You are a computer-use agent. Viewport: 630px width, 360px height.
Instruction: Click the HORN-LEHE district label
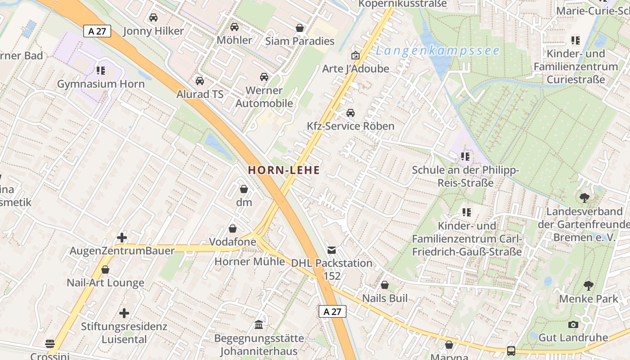tap(284, 170)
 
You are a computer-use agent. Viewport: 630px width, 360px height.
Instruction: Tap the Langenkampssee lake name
tap(437, 50)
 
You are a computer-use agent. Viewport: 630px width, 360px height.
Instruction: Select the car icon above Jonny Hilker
tap(153, 18)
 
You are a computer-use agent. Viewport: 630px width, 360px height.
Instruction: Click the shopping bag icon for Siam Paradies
tap(300, 28)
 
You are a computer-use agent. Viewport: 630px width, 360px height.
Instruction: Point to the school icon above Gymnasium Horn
tap(100, 71)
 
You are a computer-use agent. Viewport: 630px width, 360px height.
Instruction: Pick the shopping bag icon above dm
tap(244, 189)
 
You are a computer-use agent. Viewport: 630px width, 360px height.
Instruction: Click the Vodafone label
tap(233, 242)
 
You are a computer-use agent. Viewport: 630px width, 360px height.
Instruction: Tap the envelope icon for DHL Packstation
tap(332, 250)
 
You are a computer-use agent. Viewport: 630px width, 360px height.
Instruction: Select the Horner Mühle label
tap(250, 261)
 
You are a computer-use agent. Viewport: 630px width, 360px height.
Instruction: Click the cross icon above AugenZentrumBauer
tap(122, 237)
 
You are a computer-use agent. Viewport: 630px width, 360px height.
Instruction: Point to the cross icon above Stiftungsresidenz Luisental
tap(124, 313)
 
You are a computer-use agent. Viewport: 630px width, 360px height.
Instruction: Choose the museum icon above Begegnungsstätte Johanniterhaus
tap(259, 324)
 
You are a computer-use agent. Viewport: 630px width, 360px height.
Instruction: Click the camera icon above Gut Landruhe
tap(573, 324)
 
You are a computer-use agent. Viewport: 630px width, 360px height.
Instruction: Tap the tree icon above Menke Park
tap(588, 285)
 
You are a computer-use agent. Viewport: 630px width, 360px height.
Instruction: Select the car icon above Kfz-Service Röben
tap(351, 112)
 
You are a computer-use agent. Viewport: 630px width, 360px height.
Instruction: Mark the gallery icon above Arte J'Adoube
tap(355, 55)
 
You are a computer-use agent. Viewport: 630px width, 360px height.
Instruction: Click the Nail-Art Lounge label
tap(105, 283)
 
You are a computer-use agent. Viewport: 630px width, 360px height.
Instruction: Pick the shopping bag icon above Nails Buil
tap(385, 285)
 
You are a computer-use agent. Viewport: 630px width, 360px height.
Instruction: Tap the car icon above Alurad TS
tap(200, 81)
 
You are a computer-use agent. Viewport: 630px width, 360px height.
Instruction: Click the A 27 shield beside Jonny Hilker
tap(97, 31)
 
